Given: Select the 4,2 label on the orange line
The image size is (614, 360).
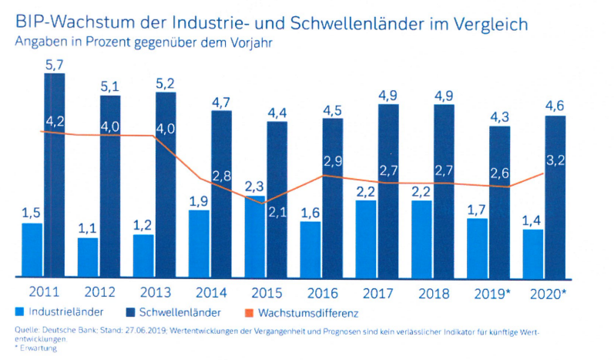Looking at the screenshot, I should [55, 120].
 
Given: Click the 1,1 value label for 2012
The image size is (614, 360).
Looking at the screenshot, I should [88, 228].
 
